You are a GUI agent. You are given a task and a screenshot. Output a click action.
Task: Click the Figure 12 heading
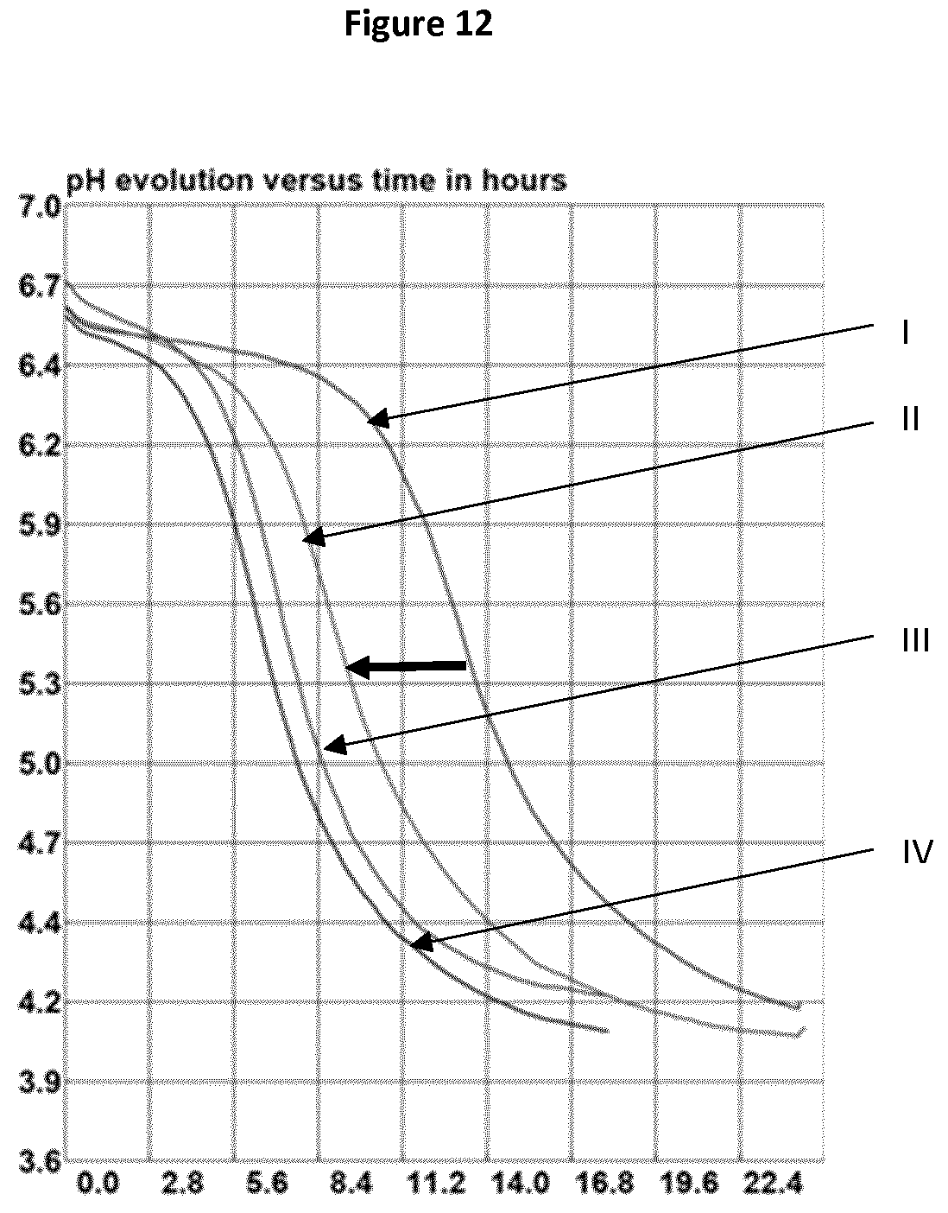pyautogui.click(x=418, y=24)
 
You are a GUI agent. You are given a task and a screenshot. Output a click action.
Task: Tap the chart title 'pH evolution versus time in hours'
pyautogui.click(x=316, y=181)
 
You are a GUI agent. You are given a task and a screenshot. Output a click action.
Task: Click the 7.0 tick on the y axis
pyautogui.click(x=39, y=207)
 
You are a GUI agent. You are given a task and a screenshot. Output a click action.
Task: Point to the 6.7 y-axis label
pyautogui.click(x=39, y=287)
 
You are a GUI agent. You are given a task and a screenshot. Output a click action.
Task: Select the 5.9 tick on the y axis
pyautogui.click(x=39, y=526)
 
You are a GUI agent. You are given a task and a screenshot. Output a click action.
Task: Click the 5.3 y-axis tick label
pyautogui.click(x=39, y=685)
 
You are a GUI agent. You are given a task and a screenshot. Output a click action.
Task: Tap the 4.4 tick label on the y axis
pyautogui.click(x=39, y=924)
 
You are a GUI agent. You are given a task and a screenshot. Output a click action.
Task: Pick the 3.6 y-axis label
pyautogui.click(x=39, y=1163)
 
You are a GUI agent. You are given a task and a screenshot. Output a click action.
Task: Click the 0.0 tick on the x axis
pyautogui.click(x=98, y=1184)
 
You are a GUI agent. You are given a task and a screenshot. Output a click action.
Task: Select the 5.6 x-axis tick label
pyautogui.click(x=267, y=1184)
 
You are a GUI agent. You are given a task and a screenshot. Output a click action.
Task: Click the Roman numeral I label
pyautogui.click(x=906, y=333)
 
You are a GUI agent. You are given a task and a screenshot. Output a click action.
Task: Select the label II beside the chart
pyautogui.click(x=911, y=419)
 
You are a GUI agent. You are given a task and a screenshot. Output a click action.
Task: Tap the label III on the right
pyautogui.click(x=916, y=641)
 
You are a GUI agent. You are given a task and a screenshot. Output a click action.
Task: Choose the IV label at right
pyautogui.click(x=917, y=853)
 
